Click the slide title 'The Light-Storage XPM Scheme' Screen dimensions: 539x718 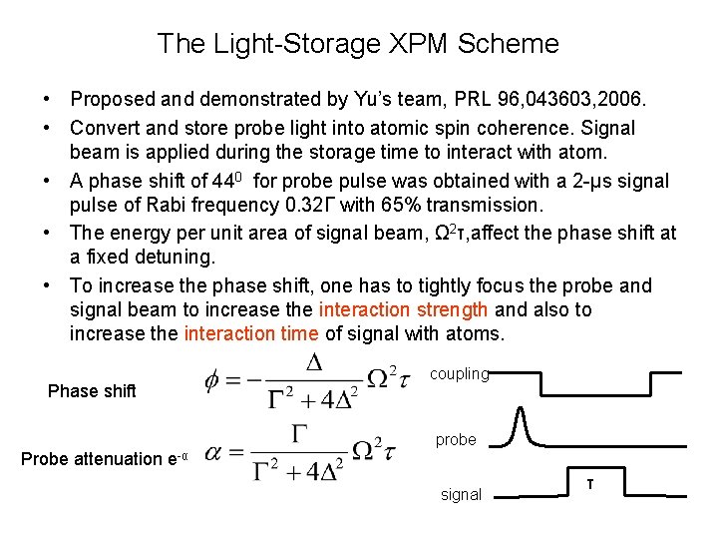[358, 44]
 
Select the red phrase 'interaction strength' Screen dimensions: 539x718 [403, 309]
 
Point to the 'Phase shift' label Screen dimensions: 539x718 [92, 391]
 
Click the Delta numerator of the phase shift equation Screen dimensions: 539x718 [314, 362]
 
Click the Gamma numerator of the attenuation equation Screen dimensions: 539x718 [299, 431]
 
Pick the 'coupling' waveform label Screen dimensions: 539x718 [459, 374]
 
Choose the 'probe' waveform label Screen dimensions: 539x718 [456, 439]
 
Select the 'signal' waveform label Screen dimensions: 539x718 [461, 494]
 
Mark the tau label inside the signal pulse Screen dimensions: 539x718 [589, 483]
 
